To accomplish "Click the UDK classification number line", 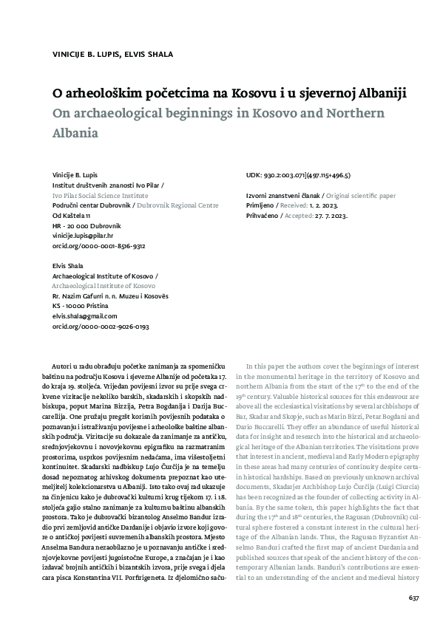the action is tap(297, 176).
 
